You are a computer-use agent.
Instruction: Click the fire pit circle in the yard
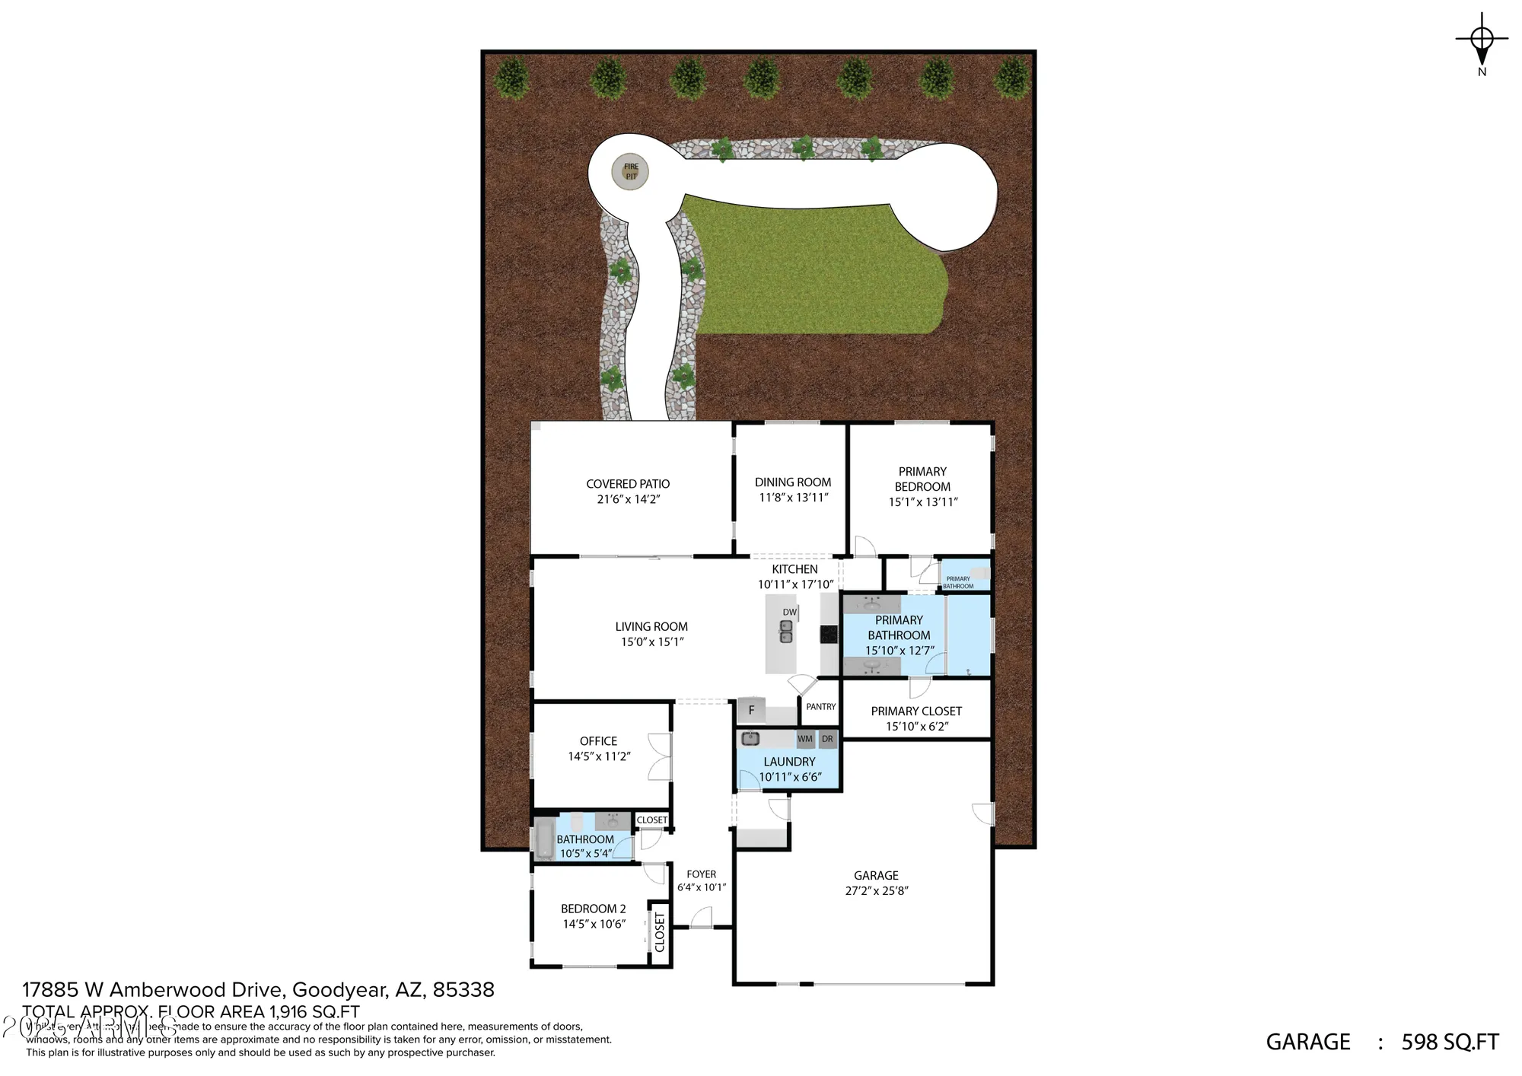click(x=630, y=172)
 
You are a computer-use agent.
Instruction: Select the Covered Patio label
click(x=628, y=484)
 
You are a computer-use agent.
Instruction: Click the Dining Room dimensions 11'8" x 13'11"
click(x=793, y=498)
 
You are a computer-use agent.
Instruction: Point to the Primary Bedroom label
click(x=922, y=479)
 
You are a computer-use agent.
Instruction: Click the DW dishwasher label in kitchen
click(x=790, y=612)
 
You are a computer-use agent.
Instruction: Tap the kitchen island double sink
click(x=786, y=632)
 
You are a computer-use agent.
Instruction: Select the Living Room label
click(x=651, y=627)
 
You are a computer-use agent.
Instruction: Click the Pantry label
click(x=821, y=707)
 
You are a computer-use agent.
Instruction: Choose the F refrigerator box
click(x=751, y=711)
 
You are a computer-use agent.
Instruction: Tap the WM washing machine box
click(x=805, y=739)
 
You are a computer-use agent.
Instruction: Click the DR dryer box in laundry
click(x=827, y=739)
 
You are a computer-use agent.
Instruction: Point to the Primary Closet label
click(x=916, y=711)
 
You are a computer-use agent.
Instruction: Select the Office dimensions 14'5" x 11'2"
click(x=599, y=756)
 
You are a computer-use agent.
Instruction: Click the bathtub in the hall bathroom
click(x=544, y=838)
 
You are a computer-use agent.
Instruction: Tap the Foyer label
click(x=702, y=874)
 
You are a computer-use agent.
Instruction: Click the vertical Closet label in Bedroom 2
click(x=660, y=933)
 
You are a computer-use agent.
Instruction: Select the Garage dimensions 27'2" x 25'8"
click(x=877, y=891)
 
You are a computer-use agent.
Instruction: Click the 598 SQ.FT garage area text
click(x=1450, y=1042)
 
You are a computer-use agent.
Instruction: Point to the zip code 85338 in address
click(x=463, y=990)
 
